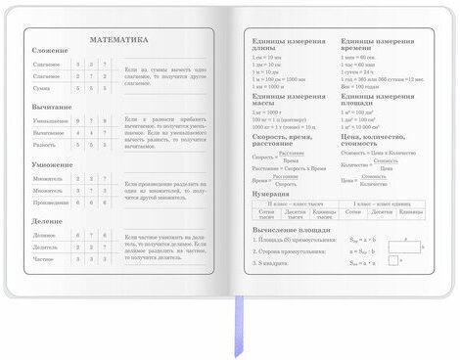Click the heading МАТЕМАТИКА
118,40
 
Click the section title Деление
45,223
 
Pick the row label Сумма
43,87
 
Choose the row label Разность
45,144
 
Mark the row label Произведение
49,202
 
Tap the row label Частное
44,259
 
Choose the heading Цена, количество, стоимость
376,144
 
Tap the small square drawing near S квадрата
392,261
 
